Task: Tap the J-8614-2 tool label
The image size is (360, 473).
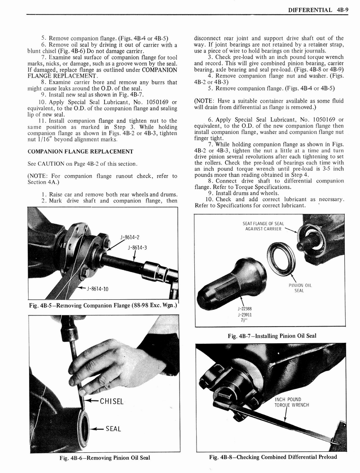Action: pos(130,237)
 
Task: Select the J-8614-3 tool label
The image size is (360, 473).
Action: pos(137,247)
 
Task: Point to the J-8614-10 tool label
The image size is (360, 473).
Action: pos(97,289)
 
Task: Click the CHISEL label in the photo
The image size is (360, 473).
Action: pos(111,401)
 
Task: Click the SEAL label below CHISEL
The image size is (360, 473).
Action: pos(113,429)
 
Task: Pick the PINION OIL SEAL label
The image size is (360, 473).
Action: pos(300,288)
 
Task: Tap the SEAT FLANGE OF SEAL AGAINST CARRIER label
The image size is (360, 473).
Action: pos(263,226)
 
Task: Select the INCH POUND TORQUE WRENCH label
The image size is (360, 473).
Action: pos(291,402)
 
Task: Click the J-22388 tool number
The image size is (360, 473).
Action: pos(245,309)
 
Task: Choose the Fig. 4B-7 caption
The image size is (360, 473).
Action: pos(272,336)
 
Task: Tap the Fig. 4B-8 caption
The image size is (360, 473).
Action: pos(273,457)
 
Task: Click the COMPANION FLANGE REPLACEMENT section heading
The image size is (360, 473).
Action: pos(80,152)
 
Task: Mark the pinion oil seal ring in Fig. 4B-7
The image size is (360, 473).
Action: pos(281,259)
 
